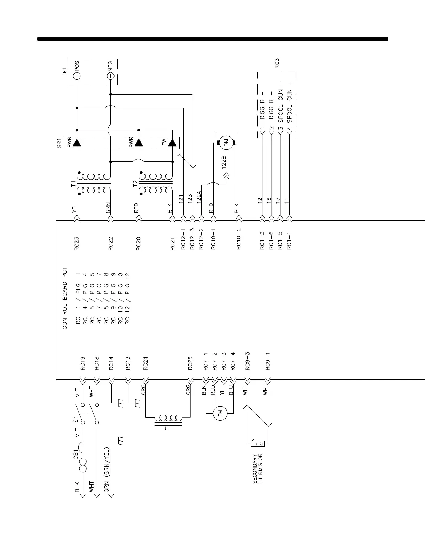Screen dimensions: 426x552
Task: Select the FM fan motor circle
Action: point(220,413)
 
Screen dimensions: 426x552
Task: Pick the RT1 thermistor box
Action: point(258,444)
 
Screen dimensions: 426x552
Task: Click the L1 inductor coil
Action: point(168,418)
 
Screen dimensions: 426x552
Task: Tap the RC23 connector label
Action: point(77,244)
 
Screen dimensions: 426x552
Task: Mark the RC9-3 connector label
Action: point(248,361)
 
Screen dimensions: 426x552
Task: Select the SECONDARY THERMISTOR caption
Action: point(257,468)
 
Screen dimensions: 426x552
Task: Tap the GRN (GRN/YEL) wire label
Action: point(107,470)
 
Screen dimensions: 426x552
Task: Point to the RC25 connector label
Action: point(190,363)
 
